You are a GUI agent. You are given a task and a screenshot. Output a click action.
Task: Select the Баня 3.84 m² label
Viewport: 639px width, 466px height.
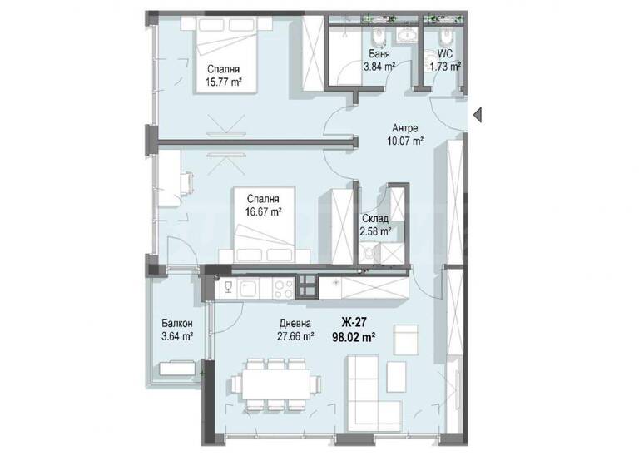(377, 61)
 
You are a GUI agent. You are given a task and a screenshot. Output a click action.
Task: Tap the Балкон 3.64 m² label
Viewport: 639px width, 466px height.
(177, 330)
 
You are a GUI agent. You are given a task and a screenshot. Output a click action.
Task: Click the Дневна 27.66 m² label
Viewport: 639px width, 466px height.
(295, 330)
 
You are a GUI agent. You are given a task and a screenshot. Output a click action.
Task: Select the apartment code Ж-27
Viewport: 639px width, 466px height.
(355, 322)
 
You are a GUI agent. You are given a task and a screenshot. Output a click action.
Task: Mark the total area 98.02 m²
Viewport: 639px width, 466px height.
(355, 336)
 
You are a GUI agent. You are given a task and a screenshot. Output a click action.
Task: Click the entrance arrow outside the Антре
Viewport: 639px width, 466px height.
(478, 115)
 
